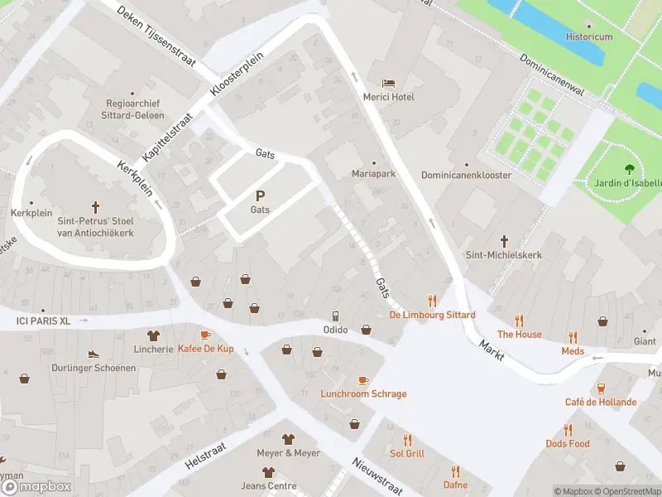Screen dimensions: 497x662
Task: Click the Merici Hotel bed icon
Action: [388, 83]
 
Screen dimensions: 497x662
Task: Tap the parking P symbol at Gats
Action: [260, 196]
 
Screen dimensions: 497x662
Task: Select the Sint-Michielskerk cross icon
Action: [504, 241]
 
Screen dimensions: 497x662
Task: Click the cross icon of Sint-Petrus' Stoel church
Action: [95, 206]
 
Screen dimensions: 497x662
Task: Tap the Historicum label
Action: [589, 37]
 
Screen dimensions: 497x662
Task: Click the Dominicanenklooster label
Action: [466, 176]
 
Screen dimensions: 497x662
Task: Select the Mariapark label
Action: [373, 175]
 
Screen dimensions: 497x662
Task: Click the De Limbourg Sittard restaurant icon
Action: [432, 301]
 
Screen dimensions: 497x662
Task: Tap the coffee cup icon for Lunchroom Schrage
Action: [363, 380]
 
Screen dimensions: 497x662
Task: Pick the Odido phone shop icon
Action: [335, 316]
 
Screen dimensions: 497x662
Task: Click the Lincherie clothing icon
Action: [153, 335]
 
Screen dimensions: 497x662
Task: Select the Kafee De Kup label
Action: [205, 349]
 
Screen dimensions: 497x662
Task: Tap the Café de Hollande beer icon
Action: [601, 388]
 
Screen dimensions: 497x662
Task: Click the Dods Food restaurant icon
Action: [568, 430]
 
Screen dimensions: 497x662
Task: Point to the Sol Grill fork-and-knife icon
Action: [406, 440]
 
